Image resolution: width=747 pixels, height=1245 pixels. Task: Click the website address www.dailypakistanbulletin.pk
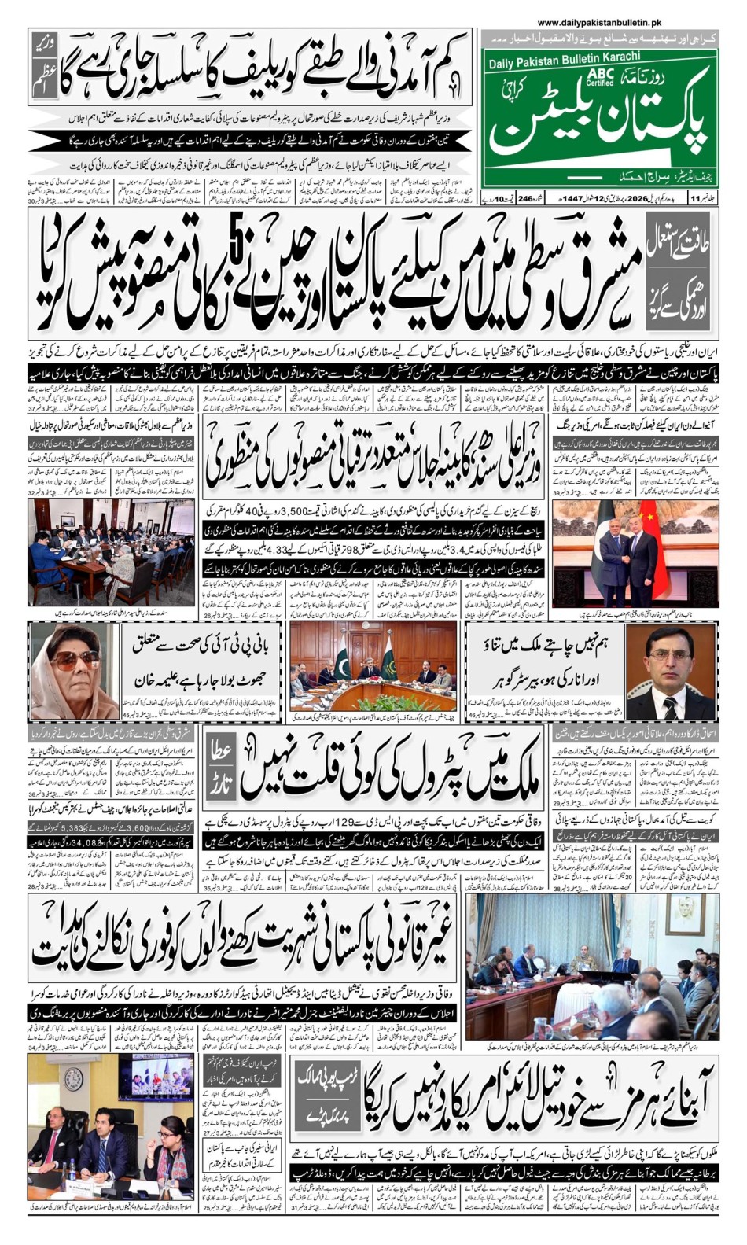[599, 24]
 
